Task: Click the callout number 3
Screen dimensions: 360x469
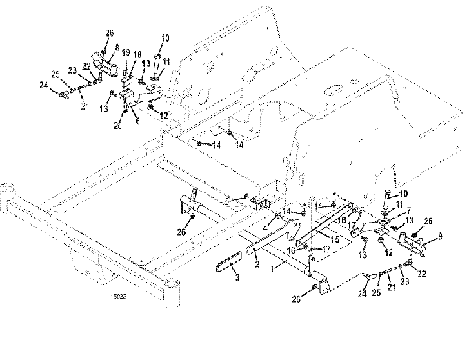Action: click(237, 279)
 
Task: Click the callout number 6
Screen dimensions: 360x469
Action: click(137, 120)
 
